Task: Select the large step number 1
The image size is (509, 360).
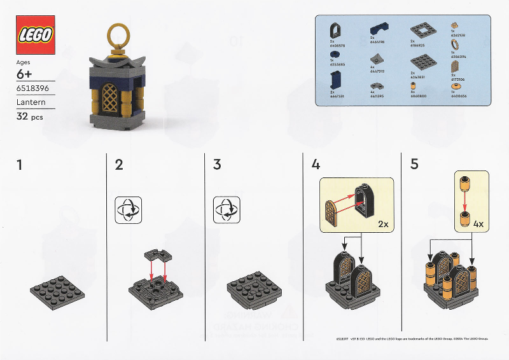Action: [20, 165]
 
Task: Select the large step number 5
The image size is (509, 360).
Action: [415, 165]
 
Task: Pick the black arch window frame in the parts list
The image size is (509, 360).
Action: [335, 30]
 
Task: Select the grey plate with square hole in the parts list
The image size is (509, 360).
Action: [418, 29]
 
